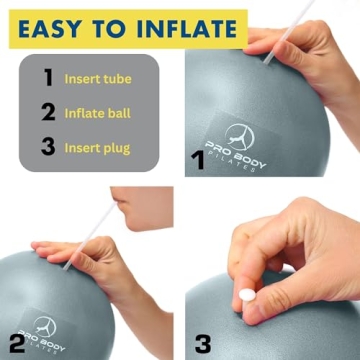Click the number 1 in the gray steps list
click(46, 77)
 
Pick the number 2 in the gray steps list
click(46, 113)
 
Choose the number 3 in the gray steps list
click(46, 148)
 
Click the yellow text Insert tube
click(97, 78)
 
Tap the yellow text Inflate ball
click(97, 113)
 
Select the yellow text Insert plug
click(97, 149)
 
